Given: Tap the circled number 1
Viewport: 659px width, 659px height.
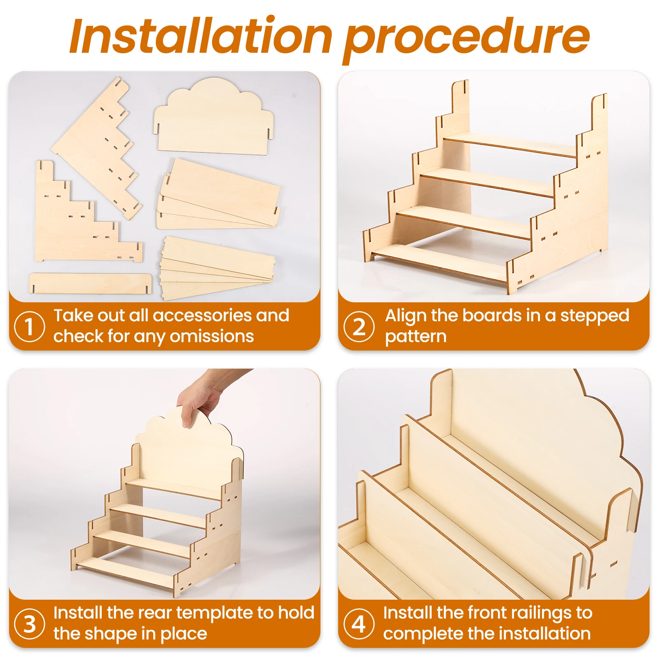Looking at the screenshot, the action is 29,327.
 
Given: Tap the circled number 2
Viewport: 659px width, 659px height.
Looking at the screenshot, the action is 359,327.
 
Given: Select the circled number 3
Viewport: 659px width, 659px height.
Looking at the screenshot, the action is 29,624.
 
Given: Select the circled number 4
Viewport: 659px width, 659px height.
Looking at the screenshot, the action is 359,624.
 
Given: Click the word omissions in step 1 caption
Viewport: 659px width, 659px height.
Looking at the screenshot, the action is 212,337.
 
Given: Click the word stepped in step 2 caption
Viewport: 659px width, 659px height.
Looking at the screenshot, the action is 594,316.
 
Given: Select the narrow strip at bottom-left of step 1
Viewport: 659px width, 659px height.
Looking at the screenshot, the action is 90,283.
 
